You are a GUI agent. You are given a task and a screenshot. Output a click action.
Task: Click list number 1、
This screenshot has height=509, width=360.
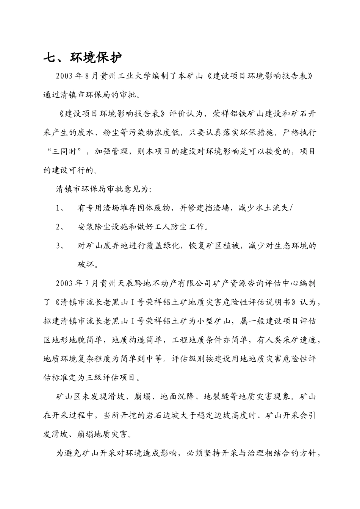pyautogui.click(x=61, y=208)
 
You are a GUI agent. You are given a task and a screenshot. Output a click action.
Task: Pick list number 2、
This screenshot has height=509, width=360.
pyautogui.click(x=61, y=227)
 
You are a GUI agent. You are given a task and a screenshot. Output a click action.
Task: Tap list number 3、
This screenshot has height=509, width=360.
pyautogui.click(x=61, y=245)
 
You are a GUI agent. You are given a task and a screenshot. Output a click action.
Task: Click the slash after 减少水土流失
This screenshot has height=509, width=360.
pyautogui.click(x=291, y=208)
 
